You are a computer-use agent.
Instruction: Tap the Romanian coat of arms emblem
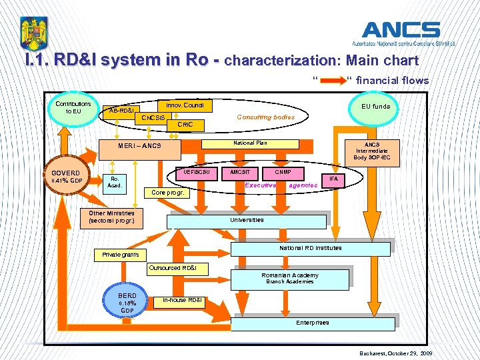pos(33,34)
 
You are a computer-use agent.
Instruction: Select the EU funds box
pos(376,106)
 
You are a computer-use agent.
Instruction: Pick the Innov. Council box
pos(184,105)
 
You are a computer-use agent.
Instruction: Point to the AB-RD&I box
pos(121,111)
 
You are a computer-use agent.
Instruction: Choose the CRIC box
pos(182,125)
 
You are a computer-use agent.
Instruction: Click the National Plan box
pos(250,143)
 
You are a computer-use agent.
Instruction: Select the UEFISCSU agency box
pos(197,172)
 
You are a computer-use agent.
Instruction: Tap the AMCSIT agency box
pos(239,172)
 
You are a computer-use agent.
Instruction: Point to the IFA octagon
pos(333,179)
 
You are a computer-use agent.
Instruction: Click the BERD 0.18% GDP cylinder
pos(127,303)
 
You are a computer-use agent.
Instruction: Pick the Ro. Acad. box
pos(115,182)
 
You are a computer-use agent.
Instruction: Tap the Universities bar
pos(247,220)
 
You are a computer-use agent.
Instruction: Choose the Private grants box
pos(121,255)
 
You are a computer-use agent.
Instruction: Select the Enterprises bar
pos(312,323)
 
